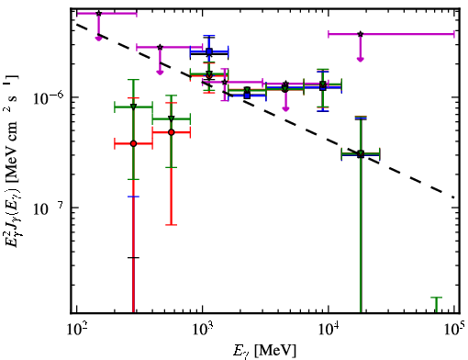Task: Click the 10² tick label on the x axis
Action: click(76, 330)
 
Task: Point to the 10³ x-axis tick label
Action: click(202, 330)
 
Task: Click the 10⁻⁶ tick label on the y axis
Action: click(49, 97)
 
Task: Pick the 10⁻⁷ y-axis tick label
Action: click(49, 208)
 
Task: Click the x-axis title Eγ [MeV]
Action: click(264, 351)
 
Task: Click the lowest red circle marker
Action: click(133, 143)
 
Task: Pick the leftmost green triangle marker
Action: click(133, 107)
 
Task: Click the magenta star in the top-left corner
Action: click(98, 14)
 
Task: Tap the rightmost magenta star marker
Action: click(361, 34)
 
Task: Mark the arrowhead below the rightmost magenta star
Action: click(361, 59)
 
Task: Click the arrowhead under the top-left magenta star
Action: click(98, 39)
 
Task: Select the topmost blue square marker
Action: click(209, 51)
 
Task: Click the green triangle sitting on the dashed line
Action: click(361, 153)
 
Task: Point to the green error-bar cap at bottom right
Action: click(437, 298)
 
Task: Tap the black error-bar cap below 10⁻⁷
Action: click(133, 258)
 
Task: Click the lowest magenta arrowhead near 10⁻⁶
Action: click(285, 109)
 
